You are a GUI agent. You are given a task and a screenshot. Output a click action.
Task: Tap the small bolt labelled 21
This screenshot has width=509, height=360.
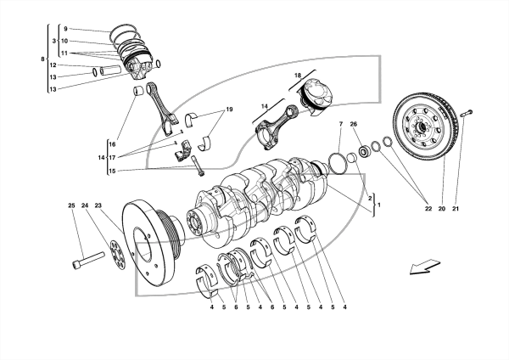point(467,114)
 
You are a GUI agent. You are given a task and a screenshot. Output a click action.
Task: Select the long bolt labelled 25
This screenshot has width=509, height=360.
point(88,261)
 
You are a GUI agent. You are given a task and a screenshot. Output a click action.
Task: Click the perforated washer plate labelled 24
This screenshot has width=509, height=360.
point(117,255)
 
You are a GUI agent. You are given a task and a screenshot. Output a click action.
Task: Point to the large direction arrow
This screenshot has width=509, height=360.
point(425,267)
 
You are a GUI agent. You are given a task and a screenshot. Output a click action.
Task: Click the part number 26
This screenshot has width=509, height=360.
point(354,124)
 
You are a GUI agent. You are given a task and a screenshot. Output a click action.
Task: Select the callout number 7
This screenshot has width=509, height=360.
point(341,124)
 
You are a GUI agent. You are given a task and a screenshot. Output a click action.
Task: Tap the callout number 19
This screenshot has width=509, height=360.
point(230,110)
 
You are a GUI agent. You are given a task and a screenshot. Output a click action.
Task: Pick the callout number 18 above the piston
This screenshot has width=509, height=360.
point(298,76)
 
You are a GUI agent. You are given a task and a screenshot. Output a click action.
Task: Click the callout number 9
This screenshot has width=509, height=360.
point(65,29)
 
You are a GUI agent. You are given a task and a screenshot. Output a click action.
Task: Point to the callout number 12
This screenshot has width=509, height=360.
point(53,65)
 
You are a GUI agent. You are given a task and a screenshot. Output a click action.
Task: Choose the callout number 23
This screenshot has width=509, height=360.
point(98,205)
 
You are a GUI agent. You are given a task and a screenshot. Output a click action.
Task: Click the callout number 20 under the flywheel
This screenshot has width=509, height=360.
point(441,209)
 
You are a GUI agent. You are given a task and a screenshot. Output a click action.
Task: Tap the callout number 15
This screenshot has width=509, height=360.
point(112,171)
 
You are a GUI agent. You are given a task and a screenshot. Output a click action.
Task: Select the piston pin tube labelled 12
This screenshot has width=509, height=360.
point(110,70)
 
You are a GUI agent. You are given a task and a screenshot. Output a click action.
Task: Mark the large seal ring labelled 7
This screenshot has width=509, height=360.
point(338,163)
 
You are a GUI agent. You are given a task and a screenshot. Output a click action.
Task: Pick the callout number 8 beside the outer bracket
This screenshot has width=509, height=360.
point(42,59)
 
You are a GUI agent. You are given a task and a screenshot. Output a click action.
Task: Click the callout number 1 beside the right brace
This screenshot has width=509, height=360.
point(379,205)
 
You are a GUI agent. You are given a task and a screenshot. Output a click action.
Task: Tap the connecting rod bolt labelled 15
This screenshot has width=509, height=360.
point(198,166)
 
